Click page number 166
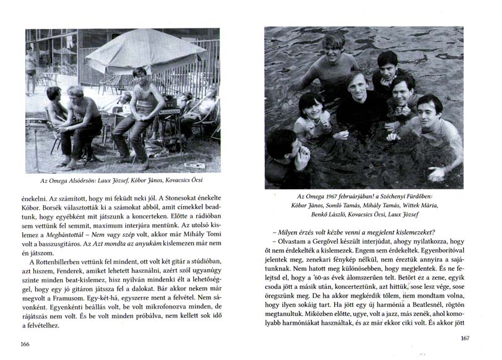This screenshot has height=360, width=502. click(x=25, y=343)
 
